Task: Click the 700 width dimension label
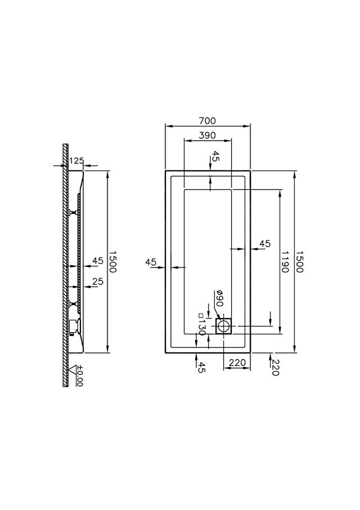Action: [208, 120]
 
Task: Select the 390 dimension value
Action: [208, 135]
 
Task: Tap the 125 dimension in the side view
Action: [76, 160]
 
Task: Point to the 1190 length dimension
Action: [285, 262]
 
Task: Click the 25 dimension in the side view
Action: [98, 281]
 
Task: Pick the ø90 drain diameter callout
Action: [219, 298]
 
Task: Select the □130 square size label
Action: [201, 325]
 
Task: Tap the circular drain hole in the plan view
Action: [223, 326]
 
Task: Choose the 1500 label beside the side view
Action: [112, 262]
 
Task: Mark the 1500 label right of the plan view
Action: [299, 262]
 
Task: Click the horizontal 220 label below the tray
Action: [237, 363]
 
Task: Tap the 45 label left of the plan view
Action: [151, 262]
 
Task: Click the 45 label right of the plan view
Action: [265, 243]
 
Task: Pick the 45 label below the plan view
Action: [201, 368]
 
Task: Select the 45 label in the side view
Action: [98, 261]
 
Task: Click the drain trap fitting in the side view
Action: [74, 326]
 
